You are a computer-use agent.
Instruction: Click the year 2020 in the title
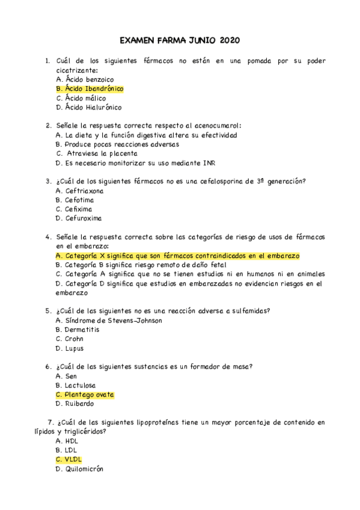(x=230, y=41)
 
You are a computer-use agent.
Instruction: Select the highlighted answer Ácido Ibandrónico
(x=89, y=89)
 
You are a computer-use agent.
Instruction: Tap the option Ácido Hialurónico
(x=88, y=108)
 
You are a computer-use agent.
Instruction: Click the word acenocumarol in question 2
(x=216, y=126)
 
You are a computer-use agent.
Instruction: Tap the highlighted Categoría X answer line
(x=177, y=256)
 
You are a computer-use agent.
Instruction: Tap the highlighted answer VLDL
(x=69, y=459)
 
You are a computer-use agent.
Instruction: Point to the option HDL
(x=67, y=441)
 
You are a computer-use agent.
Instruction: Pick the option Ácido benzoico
(x=84, y=79)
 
